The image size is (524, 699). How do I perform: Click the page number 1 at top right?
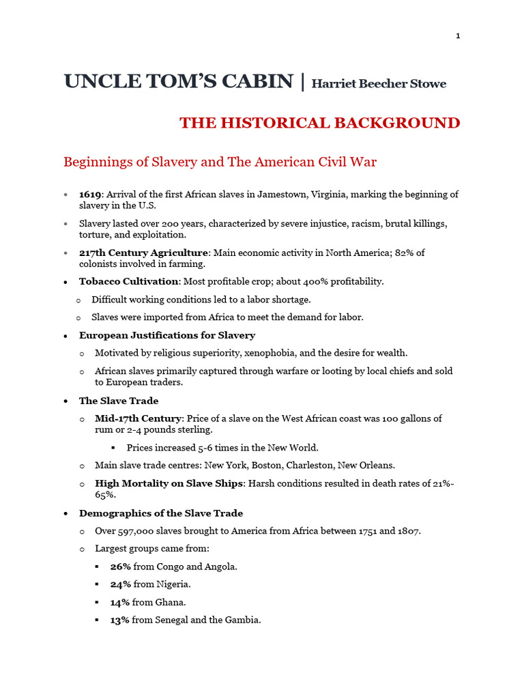[x=458, y=36]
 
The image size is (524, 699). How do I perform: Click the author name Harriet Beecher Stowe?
[x=379, y=84]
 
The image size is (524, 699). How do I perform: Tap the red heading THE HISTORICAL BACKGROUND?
[x=319, y=123]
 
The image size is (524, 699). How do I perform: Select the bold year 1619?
[x=90, y=195]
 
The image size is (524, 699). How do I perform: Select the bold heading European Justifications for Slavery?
[x=167, y=335]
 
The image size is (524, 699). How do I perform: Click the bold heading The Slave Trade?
[x=119, y=401]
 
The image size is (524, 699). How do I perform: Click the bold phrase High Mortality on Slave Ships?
[x=169, y=483]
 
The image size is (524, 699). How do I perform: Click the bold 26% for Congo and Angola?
[x=120, y=567]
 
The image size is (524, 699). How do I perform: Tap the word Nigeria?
[x=173, y=584]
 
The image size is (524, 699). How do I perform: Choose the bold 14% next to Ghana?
[x=120, y=602]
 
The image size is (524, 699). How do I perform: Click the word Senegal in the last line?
[x=174, y=620]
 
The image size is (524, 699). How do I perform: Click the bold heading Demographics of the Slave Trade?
[x=161, y=513]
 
